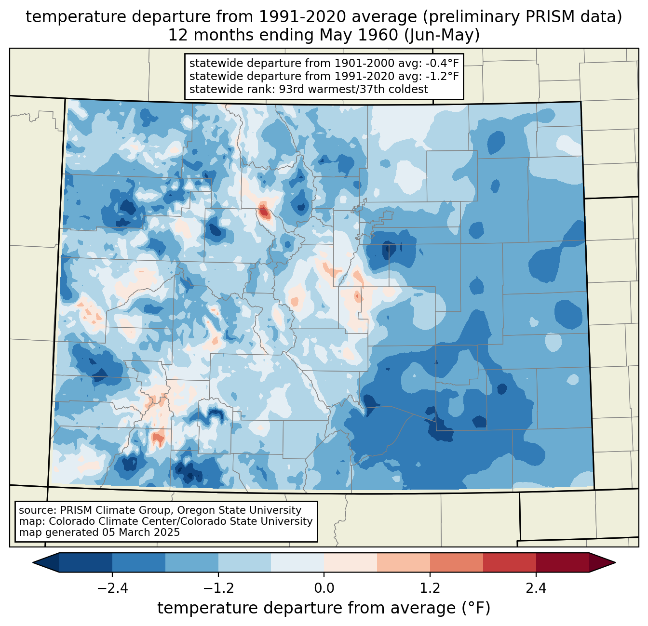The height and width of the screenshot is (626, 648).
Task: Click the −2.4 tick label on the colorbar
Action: click(112, 588)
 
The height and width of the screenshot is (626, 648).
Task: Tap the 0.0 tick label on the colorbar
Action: click(324, 588)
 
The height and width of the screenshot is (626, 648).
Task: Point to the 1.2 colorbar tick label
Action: click(430, 588)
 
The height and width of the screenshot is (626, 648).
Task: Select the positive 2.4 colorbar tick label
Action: click(536, 588)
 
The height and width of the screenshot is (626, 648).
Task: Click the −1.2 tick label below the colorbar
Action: click(218, 588)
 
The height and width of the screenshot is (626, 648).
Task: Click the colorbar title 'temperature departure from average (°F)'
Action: click(324, 608)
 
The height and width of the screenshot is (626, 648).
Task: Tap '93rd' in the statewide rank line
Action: click(292, 89)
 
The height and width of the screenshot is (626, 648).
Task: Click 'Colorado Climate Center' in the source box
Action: click(106, 521)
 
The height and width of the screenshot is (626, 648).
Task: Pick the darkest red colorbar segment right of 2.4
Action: click(562, 562)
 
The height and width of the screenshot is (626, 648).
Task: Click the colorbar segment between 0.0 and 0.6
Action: click(351, 562)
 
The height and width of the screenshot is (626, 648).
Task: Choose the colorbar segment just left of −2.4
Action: click(86, 562)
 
